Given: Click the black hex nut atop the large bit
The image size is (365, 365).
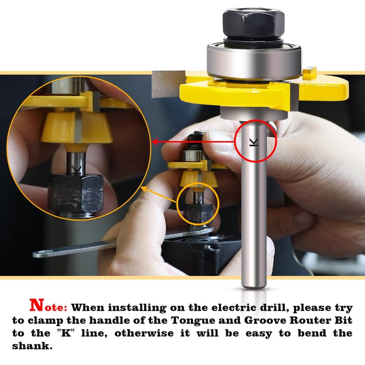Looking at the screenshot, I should coord(254,23).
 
